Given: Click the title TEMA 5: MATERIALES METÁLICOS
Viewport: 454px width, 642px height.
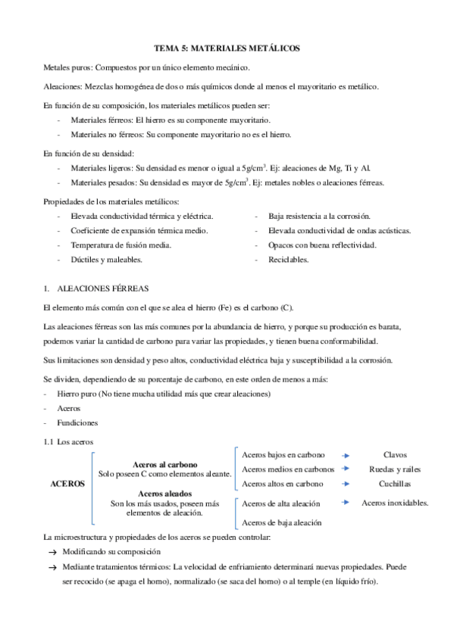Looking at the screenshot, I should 227,48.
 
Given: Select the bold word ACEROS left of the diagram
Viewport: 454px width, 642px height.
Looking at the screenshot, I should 67,482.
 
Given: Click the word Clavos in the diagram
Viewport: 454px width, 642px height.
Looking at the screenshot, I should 395,455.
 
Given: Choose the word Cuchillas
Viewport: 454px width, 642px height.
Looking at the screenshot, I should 395,482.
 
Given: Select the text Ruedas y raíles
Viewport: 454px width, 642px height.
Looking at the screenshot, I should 395,469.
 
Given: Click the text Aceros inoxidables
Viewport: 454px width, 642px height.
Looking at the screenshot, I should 395,503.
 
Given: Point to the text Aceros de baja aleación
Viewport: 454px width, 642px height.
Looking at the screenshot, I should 281,522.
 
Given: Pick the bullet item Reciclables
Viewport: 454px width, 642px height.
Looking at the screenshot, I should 288,260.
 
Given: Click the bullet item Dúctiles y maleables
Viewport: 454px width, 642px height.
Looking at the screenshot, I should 106,260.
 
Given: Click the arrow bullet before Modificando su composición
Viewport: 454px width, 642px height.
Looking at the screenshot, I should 52,553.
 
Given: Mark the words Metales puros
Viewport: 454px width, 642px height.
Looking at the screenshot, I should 68,68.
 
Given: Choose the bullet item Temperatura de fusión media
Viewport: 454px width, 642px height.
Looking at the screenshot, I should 121,245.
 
